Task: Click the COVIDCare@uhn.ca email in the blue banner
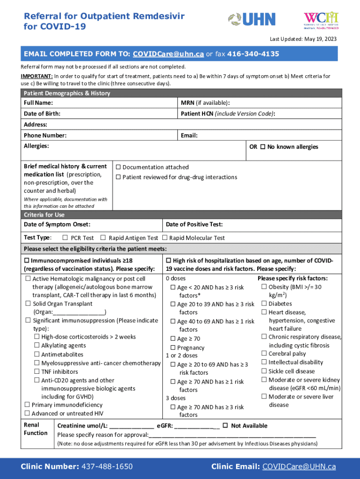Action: coord(168,54)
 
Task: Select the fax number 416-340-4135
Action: coord(252,54)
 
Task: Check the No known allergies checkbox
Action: coord(263,147)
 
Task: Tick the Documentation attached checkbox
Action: coord(118,167)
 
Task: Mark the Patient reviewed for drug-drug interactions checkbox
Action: coord(118,177)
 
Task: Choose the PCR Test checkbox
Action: coord(65,238)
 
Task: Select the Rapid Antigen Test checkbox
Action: coord(104,238)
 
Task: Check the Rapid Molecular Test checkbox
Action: coord(165,238)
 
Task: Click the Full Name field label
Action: coord(38,103)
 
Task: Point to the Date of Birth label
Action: coord(42,114)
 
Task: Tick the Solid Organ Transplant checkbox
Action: coord(28,304)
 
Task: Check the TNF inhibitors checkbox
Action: coord(37,371)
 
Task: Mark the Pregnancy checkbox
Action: coord(173,348)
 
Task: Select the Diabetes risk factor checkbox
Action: coord(264,304)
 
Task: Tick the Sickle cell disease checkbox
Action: coord(264,371)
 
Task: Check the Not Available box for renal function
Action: coord(225,425)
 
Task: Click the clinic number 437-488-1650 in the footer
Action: coord(107,466)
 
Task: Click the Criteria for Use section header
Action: coord(44,215)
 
